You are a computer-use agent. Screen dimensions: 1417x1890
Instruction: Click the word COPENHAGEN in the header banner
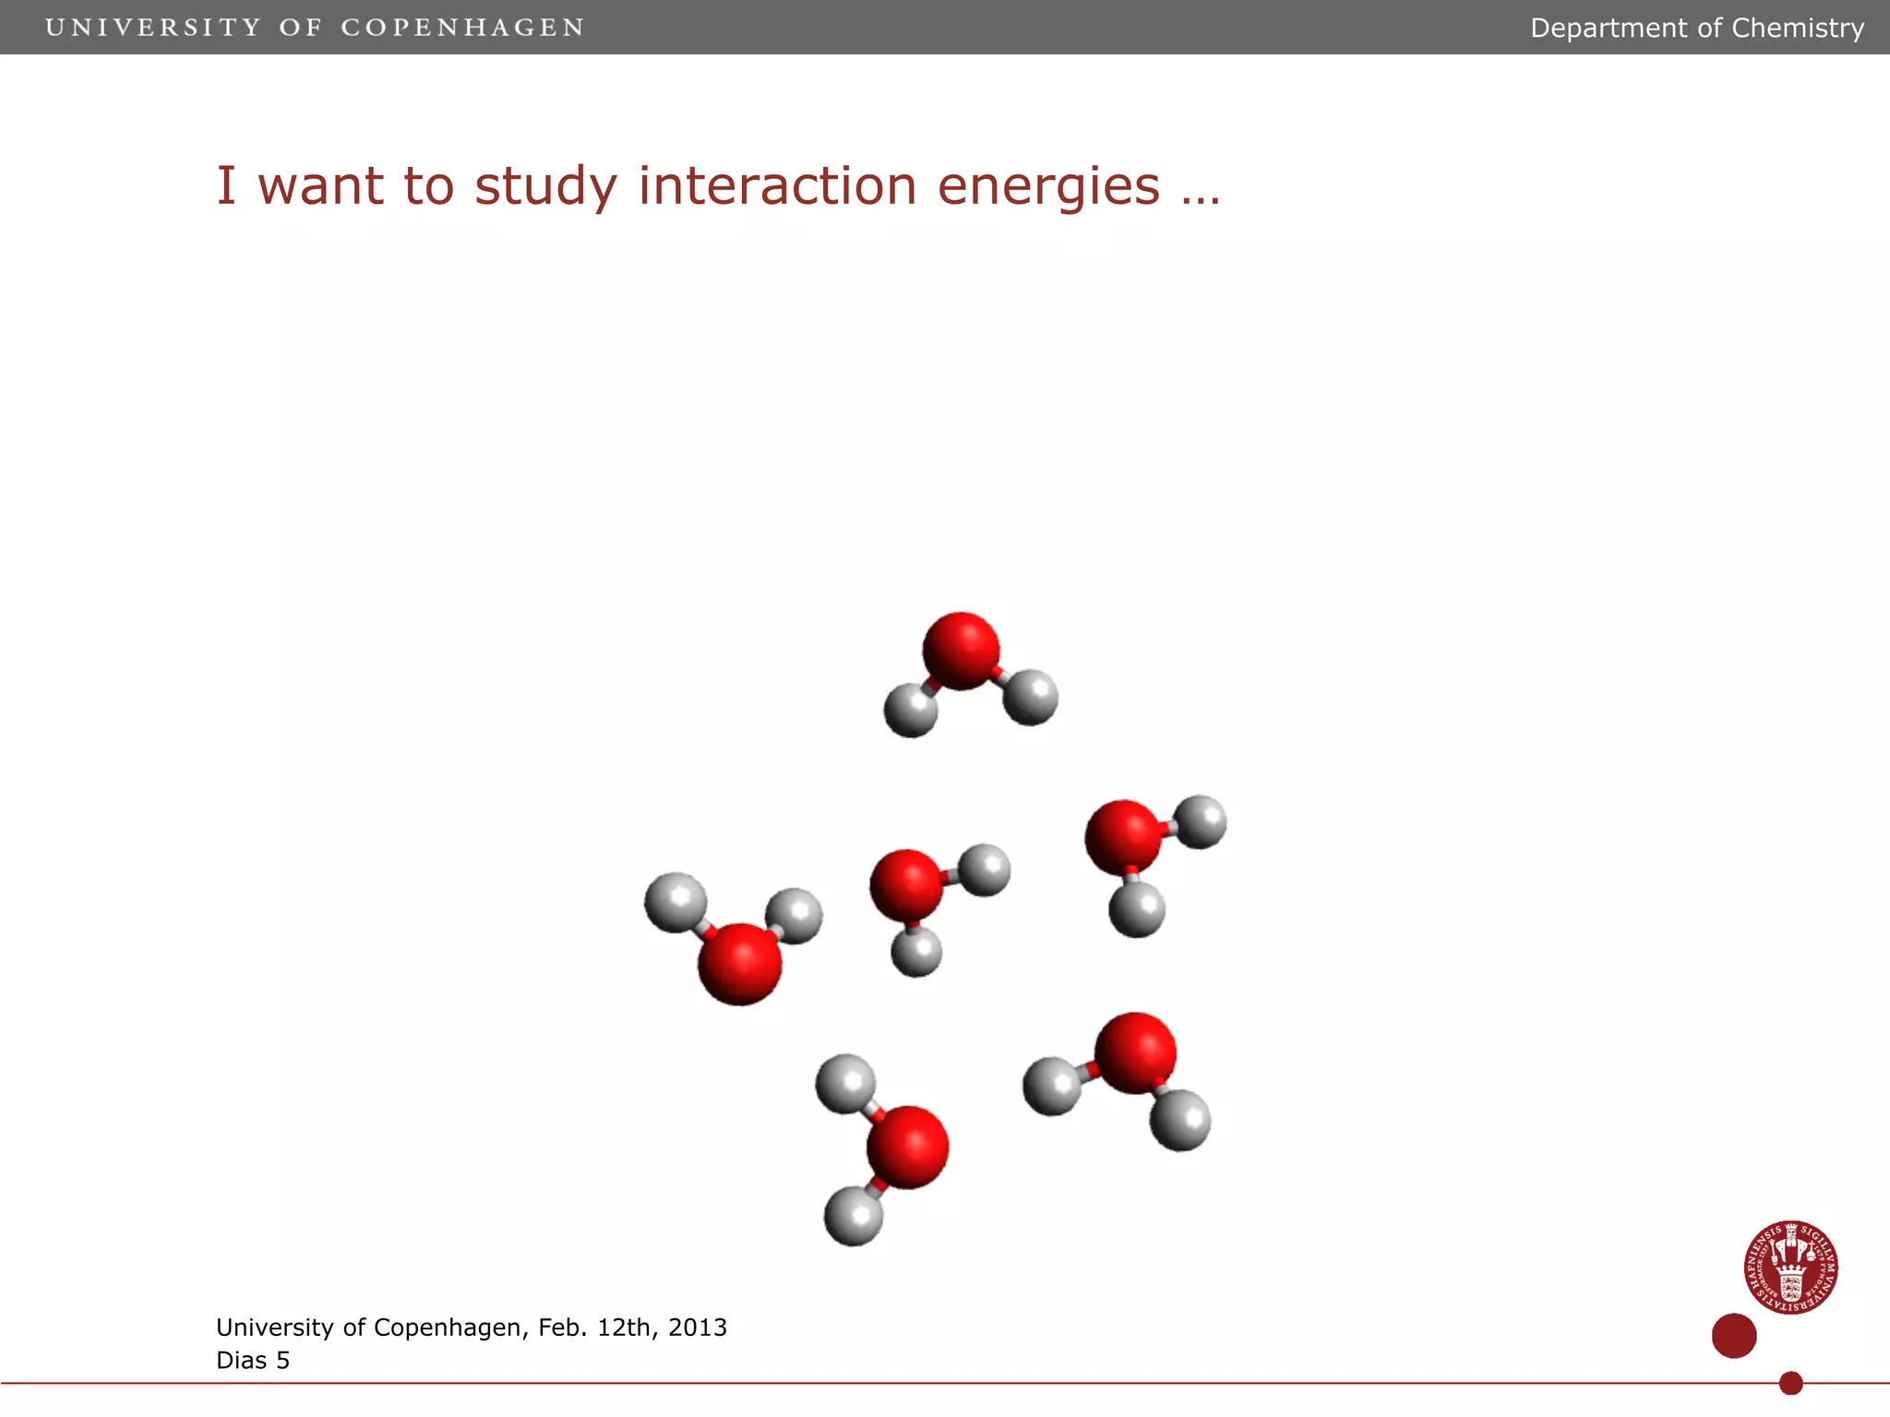462,28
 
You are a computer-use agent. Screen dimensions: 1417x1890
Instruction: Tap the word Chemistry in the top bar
1798,28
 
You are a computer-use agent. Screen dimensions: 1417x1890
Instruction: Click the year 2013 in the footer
697,1328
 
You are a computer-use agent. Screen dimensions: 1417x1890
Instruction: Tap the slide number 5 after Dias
282,1361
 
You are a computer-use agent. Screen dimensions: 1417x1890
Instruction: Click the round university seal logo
1790,1268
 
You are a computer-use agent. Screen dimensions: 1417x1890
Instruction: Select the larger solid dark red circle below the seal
1734,1336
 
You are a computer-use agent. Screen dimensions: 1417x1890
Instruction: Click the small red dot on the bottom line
1791,1383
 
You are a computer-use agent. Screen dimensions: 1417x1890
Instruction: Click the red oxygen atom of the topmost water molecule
961,650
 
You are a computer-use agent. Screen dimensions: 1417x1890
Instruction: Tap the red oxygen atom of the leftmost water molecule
740,963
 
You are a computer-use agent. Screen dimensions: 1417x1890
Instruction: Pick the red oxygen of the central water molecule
906,885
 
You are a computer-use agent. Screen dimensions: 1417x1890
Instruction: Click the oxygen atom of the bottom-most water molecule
907,1147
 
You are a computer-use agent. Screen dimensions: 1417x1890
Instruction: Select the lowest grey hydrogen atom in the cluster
854,1216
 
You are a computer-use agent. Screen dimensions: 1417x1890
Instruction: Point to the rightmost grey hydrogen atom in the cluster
1200,821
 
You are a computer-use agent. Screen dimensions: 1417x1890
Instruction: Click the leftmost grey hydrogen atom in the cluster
676,902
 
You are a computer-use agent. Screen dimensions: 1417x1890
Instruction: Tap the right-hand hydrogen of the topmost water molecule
1030,697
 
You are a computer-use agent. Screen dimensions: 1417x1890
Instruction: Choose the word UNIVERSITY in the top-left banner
153,28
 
